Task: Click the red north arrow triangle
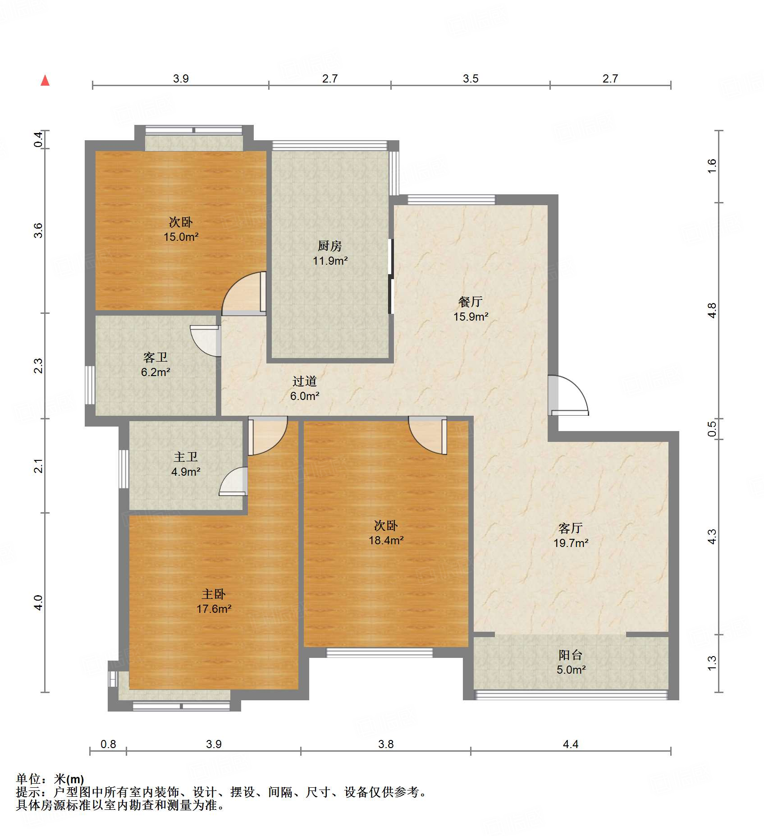click(x=45, y=80)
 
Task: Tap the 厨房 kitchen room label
click(x=330, y=246)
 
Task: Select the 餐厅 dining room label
click(x=471, y=302)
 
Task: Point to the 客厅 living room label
click(x=571, y=528)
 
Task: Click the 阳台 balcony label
click(x=571, y=655)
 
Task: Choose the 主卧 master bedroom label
click(x=214, y=594)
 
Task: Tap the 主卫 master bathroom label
click(x=186, y=457)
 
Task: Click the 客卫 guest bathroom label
click(x=156, y=357)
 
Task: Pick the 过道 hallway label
click(x=305, y=381)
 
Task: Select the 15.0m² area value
click(x=181, y=237)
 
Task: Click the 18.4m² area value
click(x=386, y=540)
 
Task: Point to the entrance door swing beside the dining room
click(x=568, y=395)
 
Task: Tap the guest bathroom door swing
click(x=206, y=341)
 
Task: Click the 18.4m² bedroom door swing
click(x=428, y=436)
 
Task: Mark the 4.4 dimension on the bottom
click(x=570, y=744)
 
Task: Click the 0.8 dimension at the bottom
click(x=108, y=744)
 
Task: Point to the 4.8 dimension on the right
click(x=712, y=311)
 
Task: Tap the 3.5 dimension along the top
click(x=471, y=79)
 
